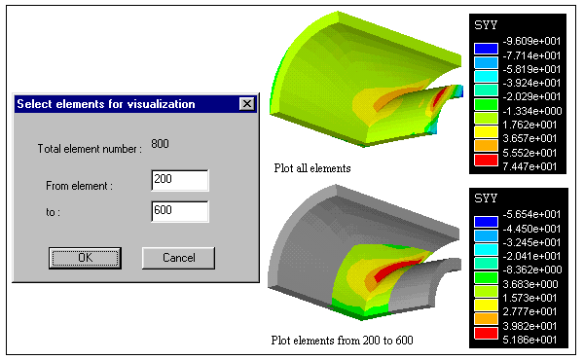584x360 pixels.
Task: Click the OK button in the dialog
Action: pyautogui.click(x=85, y=258)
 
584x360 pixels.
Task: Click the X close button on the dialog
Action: pyautogui.click(x=247, y=104)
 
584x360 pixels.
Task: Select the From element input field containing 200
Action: pyautogui.click(x=180, y=181)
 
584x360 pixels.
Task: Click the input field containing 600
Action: pyautogui.click(x=180, y=211)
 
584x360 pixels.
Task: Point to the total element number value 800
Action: pyautogui.click(x=160, y=144)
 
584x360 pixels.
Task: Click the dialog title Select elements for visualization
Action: pyautogui.click(x=106, y=104)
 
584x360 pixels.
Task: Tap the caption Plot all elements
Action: pyautogui.click(x=312, y=168)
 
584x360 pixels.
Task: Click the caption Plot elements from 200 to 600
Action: pyautogui.click(x=342, y=341)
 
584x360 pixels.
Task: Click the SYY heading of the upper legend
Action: pyautogui.click(x=486, y=25)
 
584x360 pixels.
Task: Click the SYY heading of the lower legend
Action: pyautogui.click(x=486, y=198)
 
